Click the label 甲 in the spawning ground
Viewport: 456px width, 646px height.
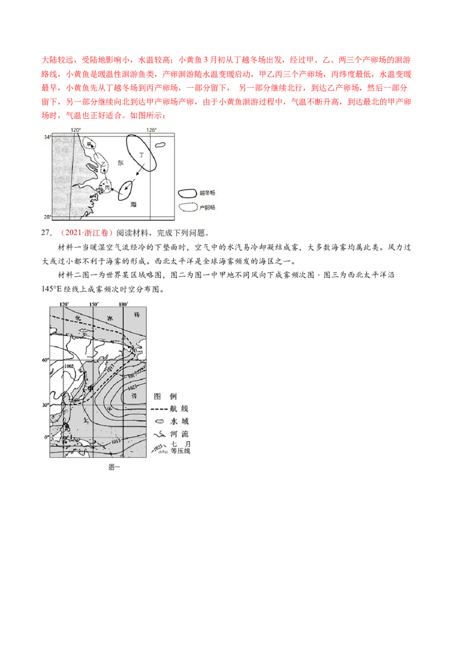pos(89,144)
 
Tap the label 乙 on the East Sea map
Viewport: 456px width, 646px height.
pos(103,163)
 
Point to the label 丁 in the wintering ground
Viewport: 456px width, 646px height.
pos(141,154)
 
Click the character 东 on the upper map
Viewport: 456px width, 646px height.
pos(120,163)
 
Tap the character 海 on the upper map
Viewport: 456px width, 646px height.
pos(133,204)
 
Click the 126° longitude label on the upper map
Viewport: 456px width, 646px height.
pos(151,130)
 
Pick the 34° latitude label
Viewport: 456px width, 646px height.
pos(48,137)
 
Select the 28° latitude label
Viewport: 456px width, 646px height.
pos(48,216)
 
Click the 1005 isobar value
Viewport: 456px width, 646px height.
pos(70,366)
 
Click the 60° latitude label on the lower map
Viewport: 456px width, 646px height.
pos(45,360)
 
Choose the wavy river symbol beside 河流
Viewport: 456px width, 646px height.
pos(159,434)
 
